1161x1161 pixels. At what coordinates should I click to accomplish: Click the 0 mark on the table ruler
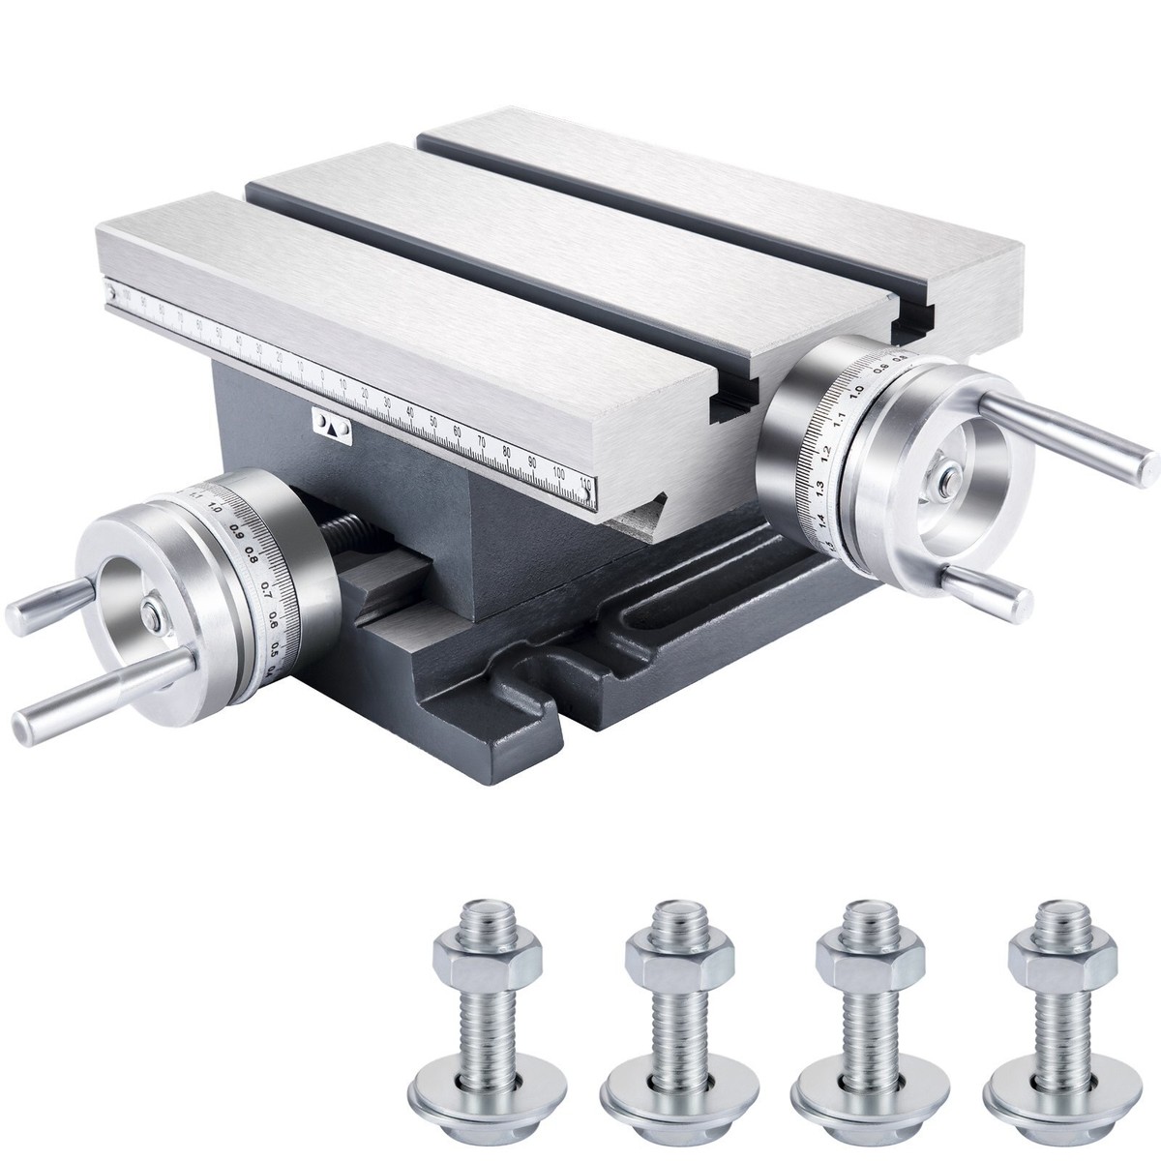coord(322,373)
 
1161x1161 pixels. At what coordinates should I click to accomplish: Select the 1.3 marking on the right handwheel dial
coord(819,486)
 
